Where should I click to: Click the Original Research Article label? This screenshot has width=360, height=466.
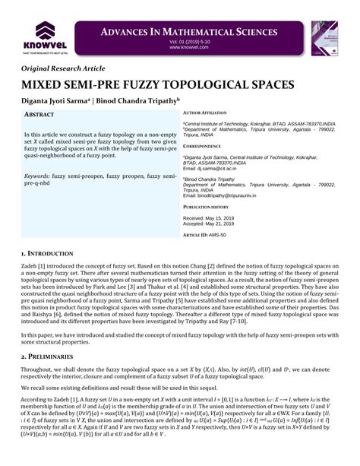68,68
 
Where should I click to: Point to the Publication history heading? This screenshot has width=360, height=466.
206,207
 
